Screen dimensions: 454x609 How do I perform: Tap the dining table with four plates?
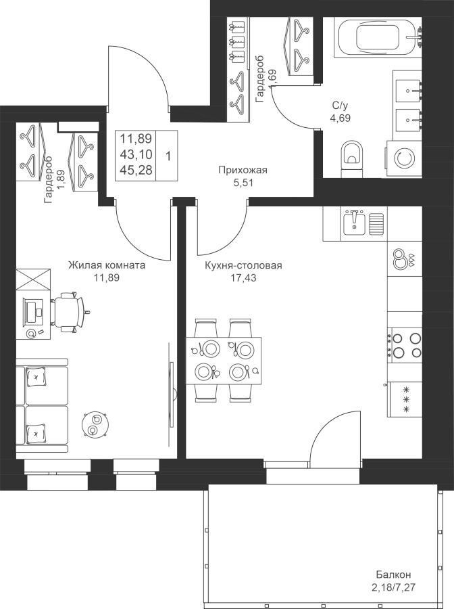(x=224, y=361)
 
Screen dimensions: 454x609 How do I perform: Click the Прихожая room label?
(x=243, y=170)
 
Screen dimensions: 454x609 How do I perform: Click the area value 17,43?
(x=243, y=277)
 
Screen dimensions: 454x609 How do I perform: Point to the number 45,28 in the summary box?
(x=136, y=170)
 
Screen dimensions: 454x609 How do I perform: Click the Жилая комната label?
(x=107, y=265)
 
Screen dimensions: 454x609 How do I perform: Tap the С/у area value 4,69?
(x=340, y=117)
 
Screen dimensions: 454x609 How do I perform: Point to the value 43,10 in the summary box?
(x=136, y=154)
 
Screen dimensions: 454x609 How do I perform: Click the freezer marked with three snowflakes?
(x=405, y=400)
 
